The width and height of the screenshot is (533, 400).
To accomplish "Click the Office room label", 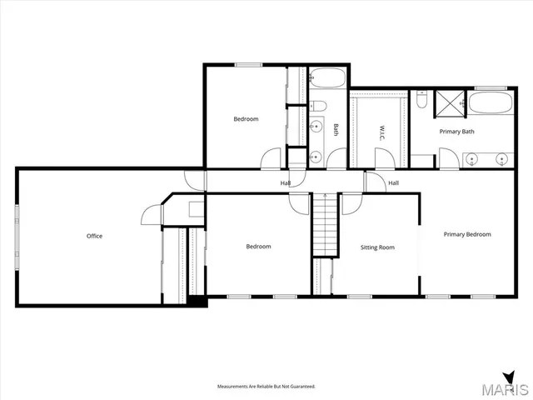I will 94,236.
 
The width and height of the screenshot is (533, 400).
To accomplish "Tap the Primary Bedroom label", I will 466,234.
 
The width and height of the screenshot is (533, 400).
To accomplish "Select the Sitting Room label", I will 376,247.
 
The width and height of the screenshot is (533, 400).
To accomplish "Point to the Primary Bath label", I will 456,132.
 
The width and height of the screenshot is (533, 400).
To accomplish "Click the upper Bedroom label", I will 246,119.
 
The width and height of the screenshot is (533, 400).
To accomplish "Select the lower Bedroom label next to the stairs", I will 258,247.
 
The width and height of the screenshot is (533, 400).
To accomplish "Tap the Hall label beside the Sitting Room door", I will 393,182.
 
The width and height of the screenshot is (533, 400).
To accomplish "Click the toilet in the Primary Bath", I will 422,101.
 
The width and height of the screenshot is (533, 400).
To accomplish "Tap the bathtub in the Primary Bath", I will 489,105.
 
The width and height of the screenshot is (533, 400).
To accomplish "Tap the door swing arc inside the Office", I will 150,216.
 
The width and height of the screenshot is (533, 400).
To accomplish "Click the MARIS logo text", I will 505,388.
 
